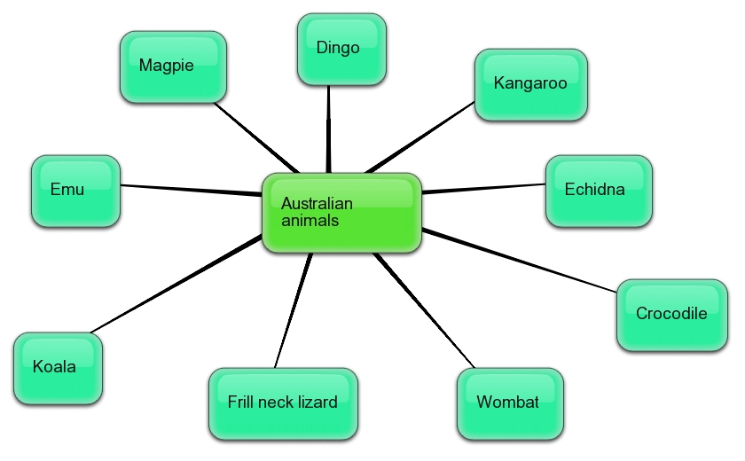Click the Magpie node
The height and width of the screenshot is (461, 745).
(x=173, y=66)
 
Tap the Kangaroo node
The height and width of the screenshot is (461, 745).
(x=530, y=84)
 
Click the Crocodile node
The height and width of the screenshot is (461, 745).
(x=671, y=315)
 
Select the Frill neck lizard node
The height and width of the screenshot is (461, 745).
(x=283, y=403)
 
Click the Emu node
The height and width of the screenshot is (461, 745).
(x=75, y=191)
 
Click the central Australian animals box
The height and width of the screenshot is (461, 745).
(x=341, y=213)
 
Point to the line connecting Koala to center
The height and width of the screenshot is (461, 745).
(x=177, y=284)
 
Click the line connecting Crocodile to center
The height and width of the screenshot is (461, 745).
(x=523, y=261)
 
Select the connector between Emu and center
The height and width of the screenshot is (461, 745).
(x=191, y=189)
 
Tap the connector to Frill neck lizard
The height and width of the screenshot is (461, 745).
(x=293, y=310)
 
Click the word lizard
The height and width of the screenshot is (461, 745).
(x=317, y=402)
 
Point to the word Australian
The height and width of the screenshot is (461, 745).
(x=317, y=204)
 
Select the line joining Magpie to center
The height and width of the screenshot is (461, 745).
(x=257, y=137)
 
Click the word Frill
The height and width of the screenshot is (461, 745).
(x=240, y=402)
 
